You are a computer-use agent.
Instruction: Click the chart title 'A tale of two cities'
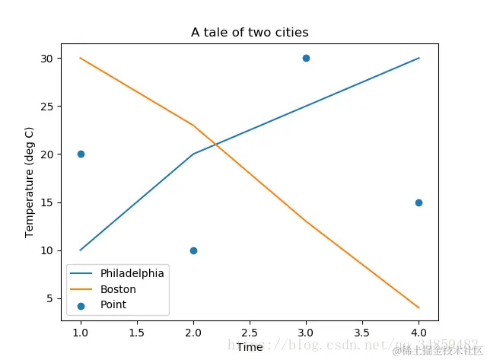tap(250, 32)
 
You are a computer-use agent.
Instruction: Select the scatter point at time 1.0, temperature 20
tap(81, 154)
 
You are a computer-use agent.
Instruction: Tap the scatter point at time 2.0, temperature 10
tap(193, 250)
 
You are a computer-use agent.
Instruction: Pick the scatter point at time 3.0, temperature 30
tap(306, 58)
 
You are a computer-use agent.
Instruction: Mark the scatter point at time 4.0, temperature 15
tap(419, 202)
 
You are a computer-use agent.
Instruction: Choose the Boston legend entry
tap(118, 289)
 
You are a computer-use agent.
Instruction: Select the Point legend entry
tap(113, 304)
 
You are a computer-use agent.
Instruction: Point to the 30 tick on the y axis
tap(47, 58)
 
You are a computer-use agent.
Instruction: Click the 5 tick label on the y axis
tap(50, 298)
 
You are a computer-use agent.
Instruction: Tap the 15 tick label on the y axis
tap(47, 202)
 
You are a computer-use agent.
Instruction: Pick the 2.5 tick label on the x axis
tap(250, 333)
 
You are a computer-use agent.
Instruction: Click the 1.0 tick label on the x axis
tap(81, 333)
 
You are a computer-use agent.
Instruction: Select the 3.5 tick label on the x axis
tap(362, 333)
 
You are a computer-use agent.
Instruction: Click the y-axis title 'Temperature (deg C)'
tap(30, 183)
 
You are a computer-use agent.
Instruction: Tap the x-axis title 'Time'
tap(250, 347)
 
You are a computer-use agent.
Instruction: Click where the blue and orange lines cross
tap(215, 143)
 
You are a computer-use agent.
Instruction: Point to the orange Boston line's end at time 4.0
tap(419, 307)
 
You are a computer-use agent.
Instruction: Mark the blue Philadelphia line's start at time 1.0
tap(81, 250)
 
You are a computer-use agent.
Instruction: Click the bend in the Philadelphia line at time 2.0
tap(193, 154)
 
